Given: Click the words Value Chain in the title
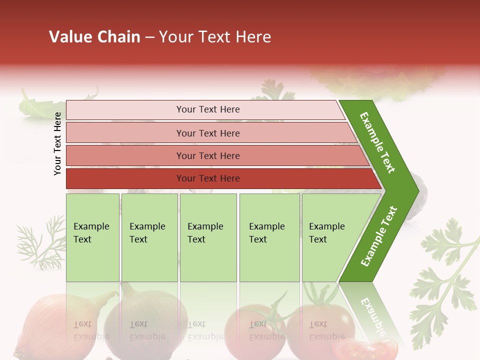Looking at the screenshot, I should coord(94,37).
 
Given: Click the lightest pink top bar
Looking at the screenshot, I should coord(207,109).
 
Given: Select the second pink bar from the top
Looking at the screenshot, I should coord(207,133).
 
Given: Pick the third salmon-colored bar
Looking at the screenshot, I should coord(207,155).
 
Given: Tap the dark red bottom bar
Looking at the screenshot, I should coord(207,178).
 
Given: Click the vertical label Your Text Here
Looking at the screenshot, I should coord(57,143).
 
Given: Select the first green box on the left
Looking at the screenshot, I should coord(92,237).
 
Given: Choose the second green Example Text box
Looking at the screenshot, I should coord(149,237).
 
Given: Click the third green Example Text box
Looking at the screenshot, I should coord(207,237).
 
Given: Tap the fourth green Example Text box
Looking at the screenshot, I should coord(269,237).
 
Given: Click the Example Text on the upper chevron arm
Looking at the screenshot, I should coord(377,142).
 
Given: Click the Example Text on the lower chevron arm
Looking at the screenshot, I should coord(378,236).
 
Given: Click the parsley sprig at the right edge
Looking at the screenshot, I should coord(445,280).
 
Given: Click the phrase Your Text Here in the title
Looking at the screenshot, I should coord(215,37).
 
